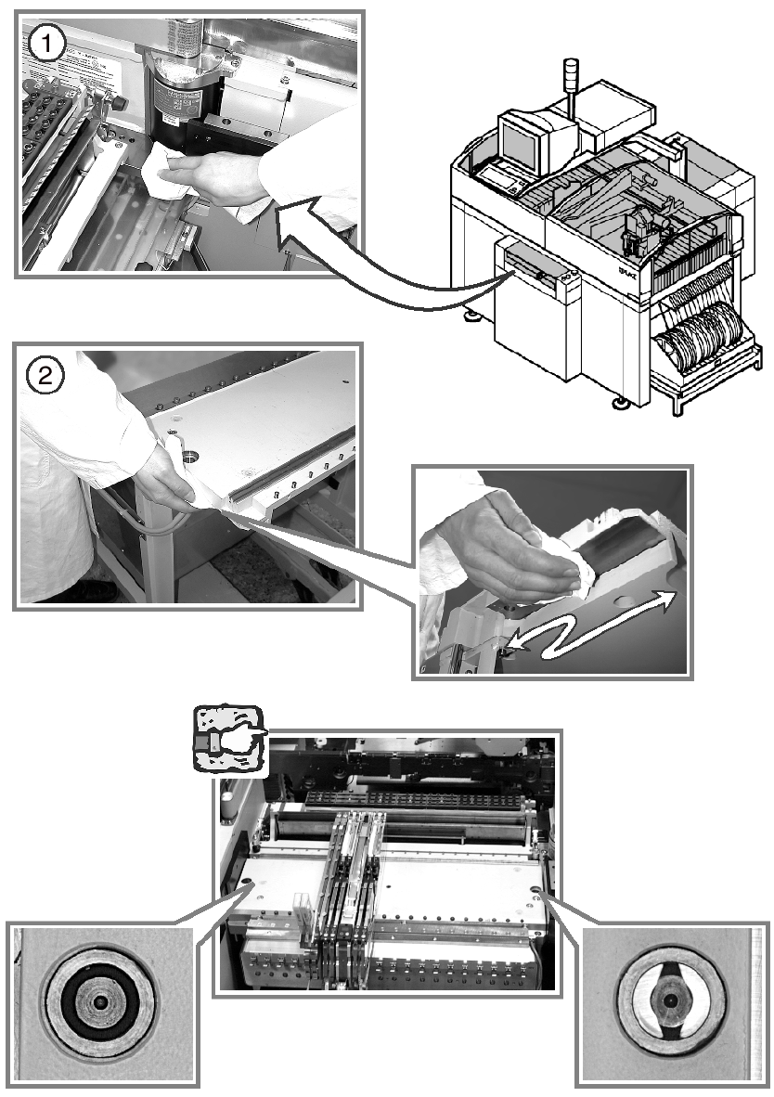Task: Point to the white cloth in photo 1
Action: coord(167,175)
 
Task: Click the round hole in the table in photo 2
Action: coord(191,456)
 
